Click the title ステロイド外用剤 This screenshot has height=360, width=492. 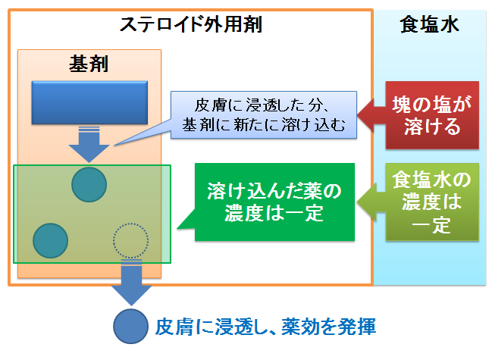pos(191,24)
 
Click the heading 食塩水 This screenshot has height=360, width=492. pos(429,24)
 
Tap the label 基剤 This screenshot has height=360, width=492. pos(89,64)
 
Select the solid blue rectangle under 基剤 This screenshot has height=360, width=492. pos(89,102)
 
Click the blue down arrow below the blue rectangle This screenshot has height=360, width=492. pos(89,144)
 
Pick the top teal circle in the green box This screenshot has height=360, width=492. pos(89,184)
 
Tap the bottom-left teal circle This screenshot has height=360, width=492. pos(50,241)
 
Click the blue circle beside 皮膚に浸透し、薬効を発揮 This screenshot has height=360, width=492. pos(130,327)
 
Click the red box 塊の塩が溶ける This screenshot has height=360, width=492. pos(432,115)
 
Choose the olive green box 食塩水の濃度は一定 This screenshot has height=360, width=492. pos(432,202)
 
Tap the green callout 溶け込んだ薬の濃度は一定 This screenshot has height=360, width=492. pos(274,202)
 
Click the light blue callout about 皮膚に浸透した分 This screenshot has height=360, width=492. pos(264,114)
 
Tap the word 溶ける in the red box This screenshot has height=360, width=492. pos(432,127)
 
